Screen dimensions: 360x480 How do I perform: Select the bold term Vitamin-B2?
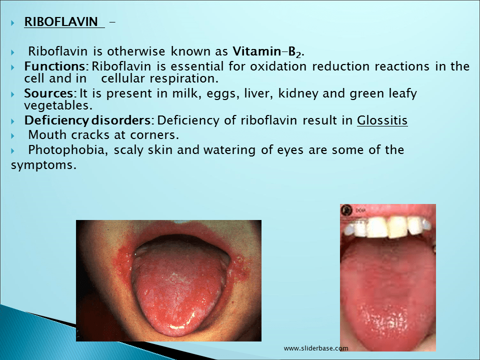pos(268,51)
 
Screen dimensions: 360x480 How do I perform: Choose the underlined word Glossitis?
pos(382,120)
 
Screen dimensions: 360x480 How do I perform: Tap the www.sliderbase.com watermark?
pos(315,348)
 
